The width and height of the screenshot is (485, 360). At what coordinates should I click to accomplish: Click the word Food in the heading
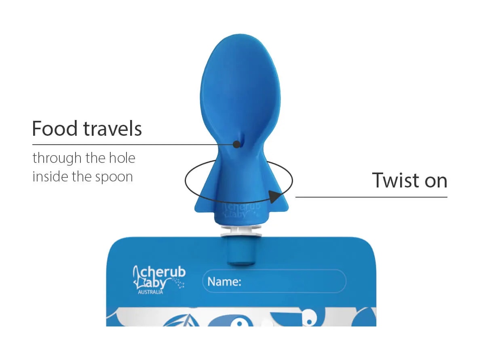(x=55, y=128)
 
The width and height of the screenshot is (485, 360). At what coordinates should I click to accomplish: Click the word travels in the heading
(x=113, y=128)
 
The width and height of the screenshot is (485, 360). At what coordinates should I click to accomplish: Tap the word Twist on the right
(x=396, y=180)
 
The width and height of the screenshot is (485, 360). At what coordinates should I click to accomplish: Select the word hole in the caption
(x=122, y=158)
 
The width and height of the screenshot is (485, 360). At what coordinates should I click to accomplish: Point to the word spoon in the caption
(x=114, y=177)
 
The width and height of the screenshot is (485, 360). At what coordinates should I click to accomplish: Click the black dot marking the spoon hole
(x=236, y=144)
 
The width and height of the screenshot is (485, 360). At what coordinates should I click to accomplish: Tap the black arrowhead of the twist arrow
(x=275, y=196)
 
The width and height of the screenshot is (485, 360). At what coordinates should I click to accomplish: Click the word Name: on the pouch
(x=224, y=281)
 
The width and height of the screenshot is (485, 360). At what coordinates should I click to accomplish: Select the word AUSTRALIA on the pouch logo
(x=150, y=292)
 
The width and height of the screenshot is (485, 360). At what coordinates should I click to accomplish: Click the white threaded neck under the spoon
(x=241, y=231)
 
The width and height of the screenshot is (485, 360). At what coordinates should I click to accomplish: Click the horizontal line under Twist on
(x=371, y=197)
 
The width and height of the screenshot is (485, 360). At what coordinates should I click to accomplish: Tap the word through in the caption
(x=57, y=158)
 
